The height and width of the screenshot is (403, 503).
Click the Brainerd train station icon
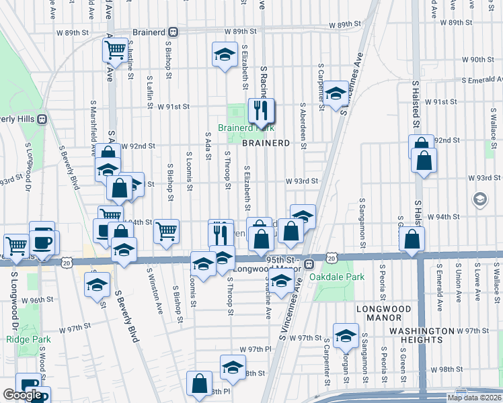point(173,32)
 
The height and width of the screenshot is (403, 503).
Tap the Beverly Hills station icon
point(42,120)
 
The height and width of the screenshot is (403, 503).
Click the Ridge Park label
point(24,339)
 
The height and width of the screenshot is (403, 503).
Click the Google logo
point(22,395)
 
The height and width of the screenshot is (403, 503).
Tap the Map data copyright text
point(474,398)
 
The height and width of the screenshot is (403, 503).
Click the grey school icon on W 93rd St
point(480,199)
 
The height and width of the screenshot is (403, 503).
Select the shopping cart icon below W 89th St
point(115,49)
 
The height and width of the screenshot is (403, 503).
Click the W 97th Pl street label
point(254,350)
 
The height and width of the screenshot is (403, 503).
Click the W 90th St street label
point(481,60)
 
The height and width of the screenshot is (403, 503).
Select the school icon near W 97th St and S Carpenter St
point(346,335)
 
